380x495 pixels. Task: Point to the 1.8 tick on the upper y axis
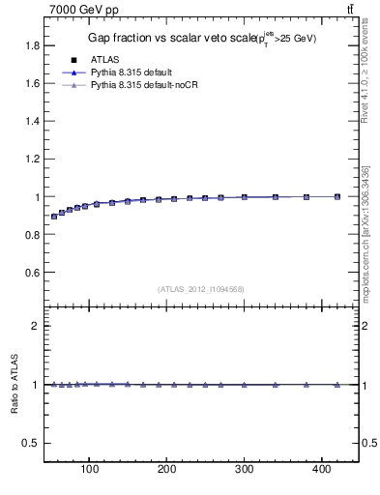[x=31, y=45]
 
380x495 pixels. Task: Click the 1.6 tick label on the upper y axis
[x=31, y=83]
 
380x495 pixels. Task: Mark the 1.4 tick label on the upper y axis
[x=31, y=121]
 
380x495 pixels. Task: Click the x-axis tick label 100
[x=90, y=470]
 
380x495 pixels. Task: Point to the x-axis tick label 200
[x=167, y=470]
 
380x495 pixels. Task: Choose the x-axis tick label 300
[x=245, y=470]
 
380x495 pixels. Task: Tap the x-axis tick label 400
[x=322, y=470]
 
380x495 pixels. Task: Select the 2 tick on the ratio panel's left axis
[x=34, y=326]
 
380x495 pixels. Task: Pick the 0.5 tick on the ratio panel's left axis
[x=30, y=443]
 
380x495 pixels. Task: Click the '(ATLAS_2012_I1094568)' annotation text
[x=201, y=289]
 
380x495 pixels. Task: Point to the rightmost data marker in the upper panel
[x=337, y=196]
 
